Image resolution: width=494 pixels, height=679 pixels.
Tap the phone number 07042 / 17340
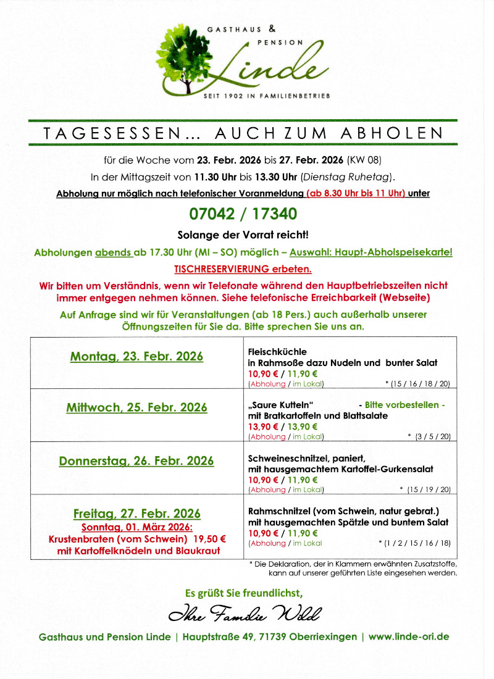pyautogui.click(x=243, y=214)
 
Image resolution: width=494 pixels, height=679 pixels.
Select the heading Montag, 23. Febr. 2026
pyautogui.click(x=136, y=357)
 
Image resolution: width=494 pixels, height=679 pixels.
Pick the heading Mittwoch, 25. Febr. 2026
pyautogui.click(x=136, y=408)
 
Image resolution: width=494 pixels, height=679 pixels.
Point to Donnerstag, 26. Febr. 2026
pyautogui.click(x=136, y=461)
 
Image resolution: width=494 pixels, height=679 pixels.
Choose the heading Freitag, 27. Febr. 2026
pyautogui.click(x=136, y=514)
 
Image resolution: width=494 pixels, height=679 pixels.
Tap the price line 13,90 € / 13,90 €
pyautogui.click(x=283, y=427)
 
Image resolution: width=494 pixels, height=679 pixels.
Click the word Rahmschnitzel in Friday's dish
pyautogui.click(x=278, y=511)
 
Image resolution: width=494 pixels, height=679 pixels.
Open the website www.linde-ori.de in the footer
pyautogui.click(x=409, y=636)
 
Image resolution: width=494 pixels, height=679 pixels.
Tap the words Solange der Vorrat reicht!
pyautogui.click(x=243, y=235)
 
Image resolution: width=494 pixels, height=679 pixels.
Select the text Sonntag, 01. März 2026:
pyautogui.click(x=137, y=527)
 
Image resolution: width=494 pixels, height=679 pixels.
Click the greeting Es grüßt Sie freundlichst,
pyautogui.click(x=244, y=593)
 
